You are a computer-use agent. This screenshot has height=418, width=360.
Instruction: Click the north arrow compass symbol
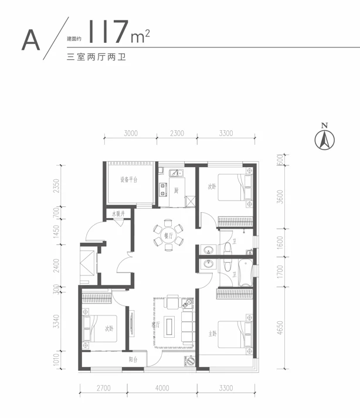[x=323, y=138]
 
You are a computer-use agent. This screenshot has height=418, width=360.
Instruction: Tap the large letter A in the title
[x=30, y=39]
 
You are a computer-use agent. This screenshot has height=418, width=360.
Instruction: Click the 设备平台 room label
[x=129, y=180]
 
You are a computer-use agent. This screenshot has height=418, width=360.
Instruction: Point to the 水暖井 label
[x=120, y=215]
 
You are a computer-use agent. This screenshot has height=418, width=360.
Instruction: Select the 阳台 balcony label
[x=134, y=360]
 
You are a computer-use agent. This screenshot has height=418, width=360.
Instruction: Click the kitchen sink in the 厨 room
[x=175, y=173]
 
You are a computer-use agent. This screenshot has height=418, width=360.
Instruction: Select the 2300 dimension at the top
[x=176, y=134]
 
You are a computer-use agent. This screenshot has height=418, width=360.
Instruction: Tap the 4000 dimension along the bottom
[x=162, y=388]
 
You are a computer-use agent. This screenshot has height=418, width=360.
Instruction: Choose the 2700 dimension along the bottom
[x=103, y=388]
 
